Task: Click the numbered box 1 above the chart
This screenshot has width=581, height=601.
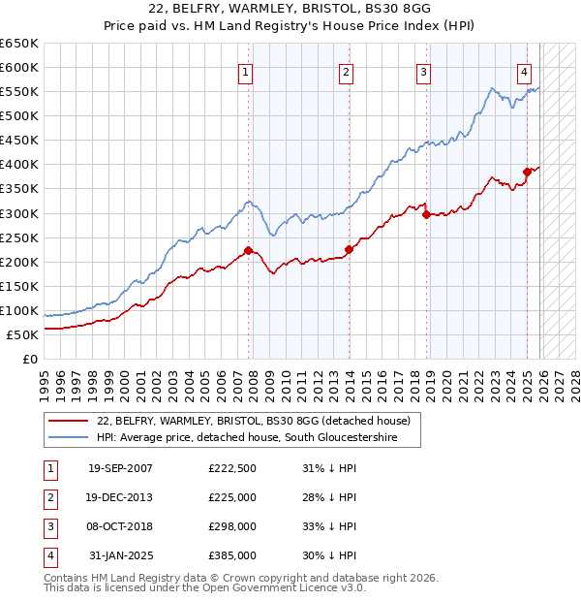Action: pyautogui.click(x=246, y=72)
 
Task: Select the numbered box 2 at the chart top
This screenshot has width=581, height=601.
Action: pyautogui.click(x=346, y=72)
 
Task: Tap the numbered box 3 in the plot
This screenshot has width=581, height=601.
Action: pyautogui.click(x=424, y=72)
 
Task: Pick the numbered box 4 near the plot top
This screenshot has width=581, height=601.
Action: pyautogui.click(x=524, y=72)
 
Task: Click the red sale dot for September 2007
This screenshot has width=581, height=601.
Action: pyautogui.click(x=248, y=250)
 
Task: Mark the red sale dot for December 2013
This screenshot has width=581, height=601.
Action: pyautogui.click(x=349, y=249)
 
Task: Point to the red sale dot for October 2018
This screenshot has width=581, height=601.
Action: pyautogui.click(x=426, y=214)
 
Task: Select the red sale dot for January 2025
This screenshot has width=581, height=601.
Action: pyautogui.click(x=527, y=172)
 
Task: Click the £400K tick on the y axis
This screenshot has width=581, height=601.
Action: pyautogui.click(x=19, y=164)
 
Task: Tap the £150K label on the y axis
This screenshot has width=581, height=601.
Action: pyautogui.click(x=19, y=286)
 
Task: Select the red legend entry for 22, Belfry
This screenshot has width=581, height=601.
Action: pyautogui.click(x=254, y=421)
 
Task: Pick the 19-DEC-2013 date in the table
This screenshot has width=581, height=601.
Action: pyautogui.click(x=120, y=497)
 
